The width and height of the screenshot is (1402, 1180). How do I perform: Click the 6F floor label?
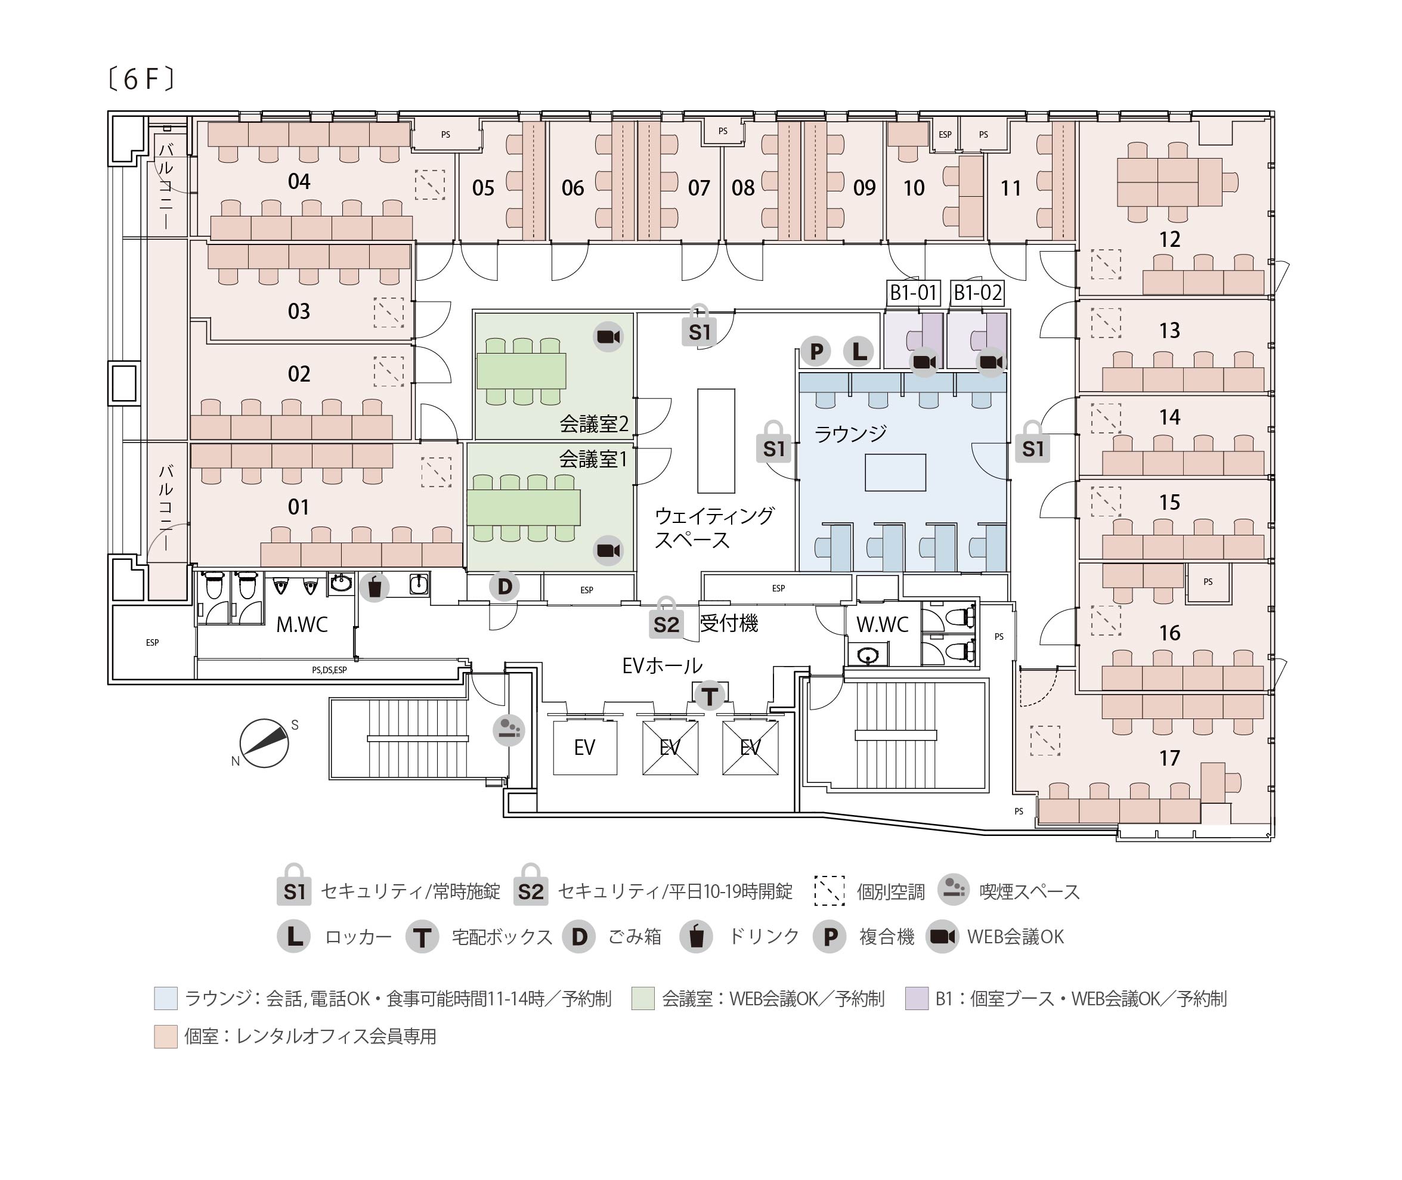(141, 80)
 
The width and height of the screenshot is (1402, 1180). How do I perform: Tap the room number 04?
(299, 181)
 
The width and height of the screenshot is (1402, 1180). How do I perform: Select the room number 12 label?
(1169, 240)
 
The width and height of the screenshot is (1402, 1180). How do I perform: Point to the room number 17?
(1169, 758)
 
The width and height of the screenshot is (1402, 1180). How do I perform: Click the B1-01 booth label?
(913, 292)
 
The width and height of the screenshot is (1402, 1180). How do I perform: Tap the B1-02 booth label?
(977, 292)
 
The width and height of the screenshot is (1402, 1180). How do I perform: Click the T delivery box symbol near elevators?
(709, 696)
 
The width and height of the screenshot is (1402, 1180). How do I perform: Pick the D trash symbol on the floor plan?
(505, 587)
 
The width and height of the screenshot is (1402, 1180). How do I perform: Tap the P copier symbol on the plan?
(816, 351)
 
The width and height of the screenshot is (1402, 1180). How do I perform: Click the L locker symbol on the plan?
(859, 351)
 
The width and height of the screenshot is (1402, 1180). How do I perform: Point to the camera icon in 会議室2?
(609, 336)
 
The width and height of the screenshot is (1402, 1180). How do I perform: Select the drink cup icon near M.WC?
(375, 587)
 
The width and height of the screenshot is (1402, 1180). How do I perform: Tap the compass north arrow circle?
(264, 743)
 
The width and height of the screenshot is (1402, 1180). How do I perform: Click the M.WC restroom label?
(302, 625)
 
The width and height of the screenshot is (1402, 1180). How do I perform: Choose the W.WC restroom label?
(882, 625)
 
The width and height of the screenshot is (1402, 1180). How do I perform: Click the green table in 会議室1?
(524, 508)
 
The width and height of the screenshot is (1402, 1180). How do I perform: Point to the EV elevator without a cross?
(584, 747)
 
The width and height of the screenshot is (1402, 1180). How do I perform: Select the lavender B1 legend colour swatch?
(917, 998)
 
